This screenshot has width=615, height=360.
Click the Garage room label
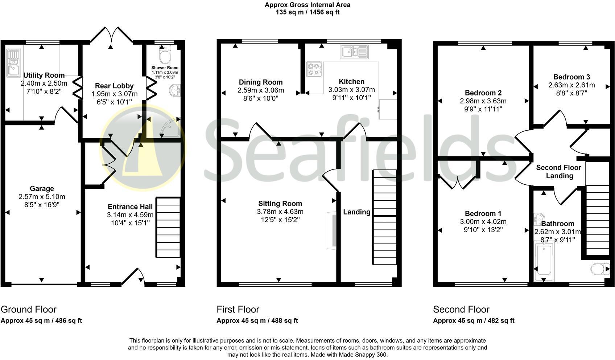click(x=42, y=188)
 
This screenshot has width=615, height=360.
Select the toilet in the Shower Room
click(x=165, y=56)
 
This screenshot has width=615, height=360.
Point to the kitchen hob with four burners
click(x=314, y=69)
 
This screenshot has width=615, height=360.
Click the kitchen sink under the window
click(x=354, y=52)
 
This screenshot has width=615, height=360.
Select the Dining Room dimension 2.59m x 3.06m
click(x=261, y=90)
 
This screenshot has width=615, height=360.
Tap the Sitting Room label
click(x=280, y=204)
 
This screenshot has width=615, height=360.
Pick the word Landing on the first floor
click(x=356, y=212)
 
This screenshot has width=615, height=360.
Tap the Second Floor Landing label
click(x=559, y=172)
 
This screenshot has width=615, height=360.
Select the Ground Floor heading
click(x=29, y=310)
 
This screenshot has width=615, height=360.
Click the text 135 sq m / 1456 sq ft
click(x=307, y=12)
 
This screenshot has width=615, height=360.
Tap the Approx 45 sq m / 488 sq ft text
click(x=257, y=321)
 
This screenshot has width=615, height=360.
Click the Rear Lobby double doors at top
click(x=111, y=36)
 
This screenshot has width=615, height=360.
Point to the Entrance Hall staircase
click(x=168, y=227)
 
